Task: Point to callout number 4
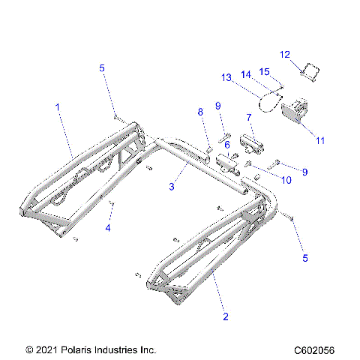108,227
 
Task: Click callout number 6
226,143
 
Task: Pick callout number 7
248,117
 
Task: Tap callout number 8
200,112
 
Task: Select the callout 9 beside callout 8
217,105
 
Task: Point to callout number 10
286,179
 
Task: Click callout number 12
285,54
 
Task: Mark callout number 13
226,77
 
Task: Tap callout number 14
245,73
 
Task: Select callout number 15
264,71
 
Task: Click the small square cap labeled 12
311,73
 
